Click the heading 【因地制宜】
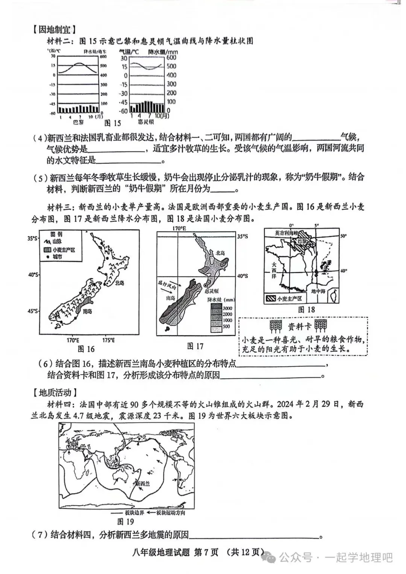[x=54, y=29]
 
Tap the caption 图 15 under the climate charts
[x=112, y=123]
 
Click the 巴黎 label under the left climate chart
[x=78, y=122]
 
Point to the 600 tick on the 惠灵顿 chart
[x=171, y=57]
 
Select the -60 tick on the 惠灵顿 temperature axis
[x=123, y=111]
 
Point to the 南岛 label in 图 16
[x=87, y=311]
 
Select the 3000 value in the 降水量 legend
[x=227, y=308]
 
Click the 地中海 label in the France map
[x=318, y=291]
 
